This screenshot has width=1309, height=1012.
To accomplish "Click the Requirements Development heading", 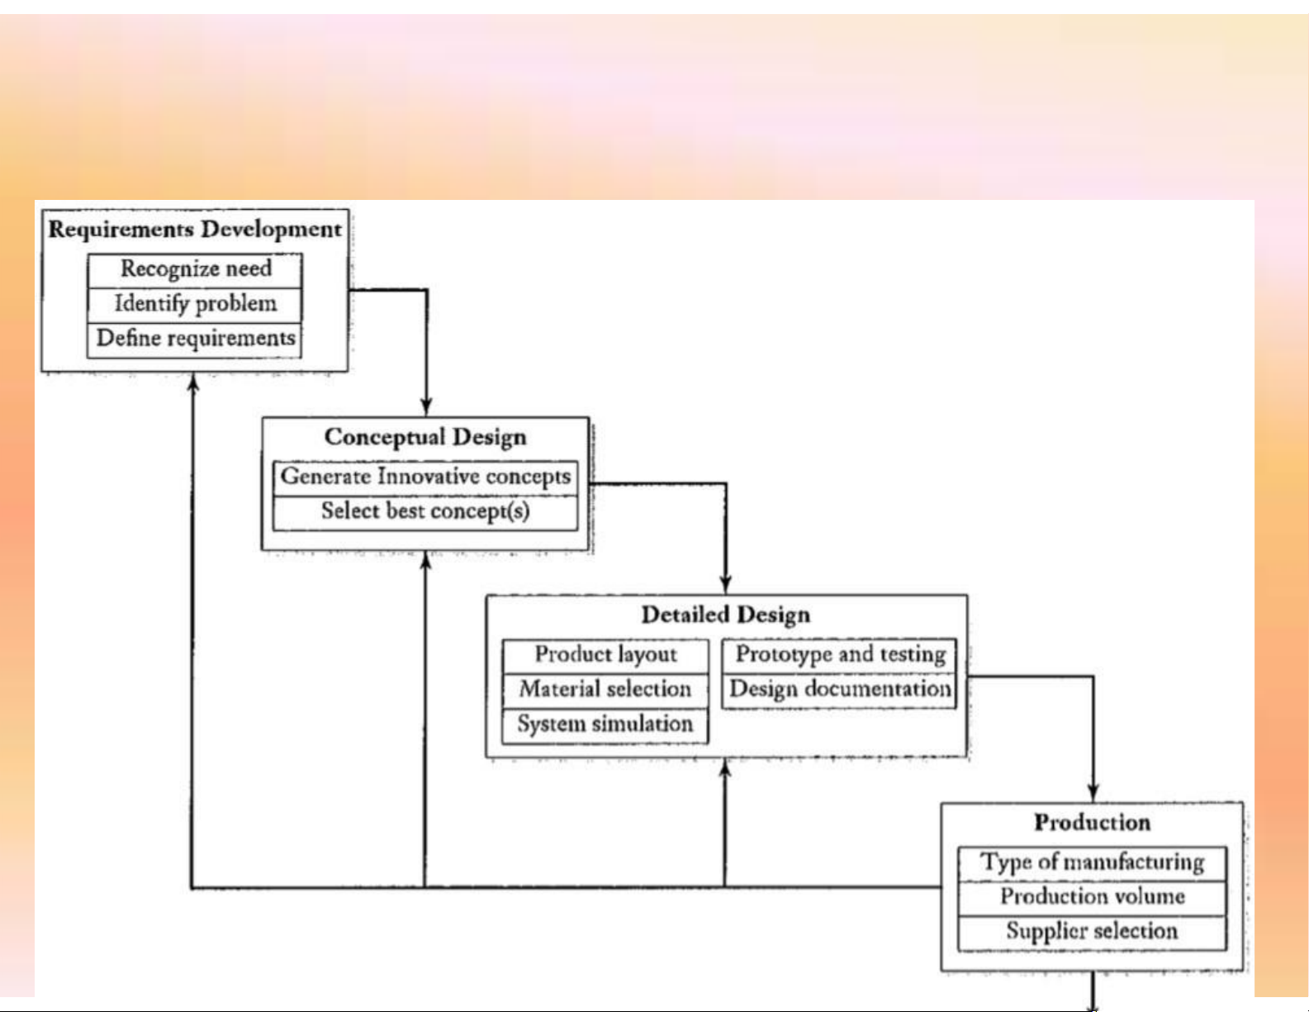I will (195, 230).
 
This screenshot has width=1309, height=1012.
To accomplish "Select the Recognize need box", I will (195, 269).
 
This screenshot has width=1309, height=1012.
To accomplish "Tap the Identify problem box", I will (195, 304).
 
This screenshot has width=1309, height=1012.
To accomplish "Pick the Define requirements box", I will (195, 339).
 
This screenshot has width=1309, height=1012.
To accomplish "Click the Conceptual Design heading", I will (425, 437).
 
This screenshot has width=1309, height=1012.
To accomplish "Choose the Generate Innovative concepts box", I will (425, 477).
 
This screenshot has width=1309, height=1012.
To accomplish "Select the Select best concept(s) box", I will (425, 511).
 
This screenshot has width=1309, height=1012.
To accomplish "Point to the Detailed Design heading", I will (726, 615).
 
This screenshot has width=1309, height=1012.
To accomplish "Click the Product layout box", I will (605, 655).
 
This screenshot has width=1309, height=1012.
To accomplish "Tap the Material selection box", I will (605, 690).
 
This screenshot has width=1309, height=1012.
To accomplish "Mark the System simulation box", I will (605, 725).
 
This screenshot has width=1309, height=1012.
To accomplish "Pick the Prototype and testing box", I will (840, 655).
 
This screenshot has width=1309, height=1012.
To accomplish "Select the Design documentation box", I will (840, 690).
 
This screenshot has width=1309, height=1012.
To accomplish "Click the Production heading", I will (1092, 823).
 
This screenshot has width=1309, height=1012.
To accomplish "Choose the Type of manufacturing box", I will (1092, 862).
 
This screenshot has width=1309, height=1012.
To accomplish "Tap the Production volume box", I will (1092, 897).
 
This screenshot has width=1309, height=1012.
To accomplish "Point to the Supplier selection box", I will (1092, 932).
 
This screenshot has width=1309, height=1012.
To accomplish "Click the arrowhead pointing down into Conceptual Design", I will (426, 407).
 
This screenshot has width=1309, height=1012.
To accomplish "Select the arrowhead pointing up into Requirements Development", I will (193, 382).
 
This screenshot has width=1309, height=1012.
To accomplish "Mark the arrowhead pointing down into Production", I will (1093, 792).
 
